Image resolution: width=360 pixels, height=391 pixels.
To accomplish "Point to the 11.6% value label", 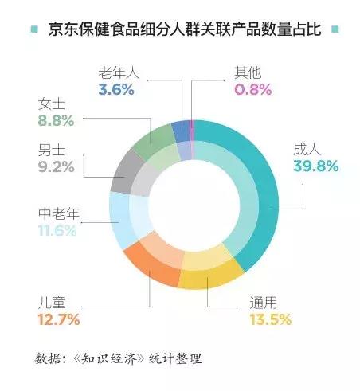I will [57, 231].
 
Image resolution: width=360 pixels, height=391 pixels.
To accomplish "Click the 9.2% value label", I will [56, 166].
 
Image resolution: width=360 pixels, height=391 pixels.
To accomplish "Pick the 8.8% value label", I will [56, 121].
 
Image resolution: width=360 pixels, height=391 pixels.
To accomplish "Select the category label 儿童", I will [53, 303].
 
